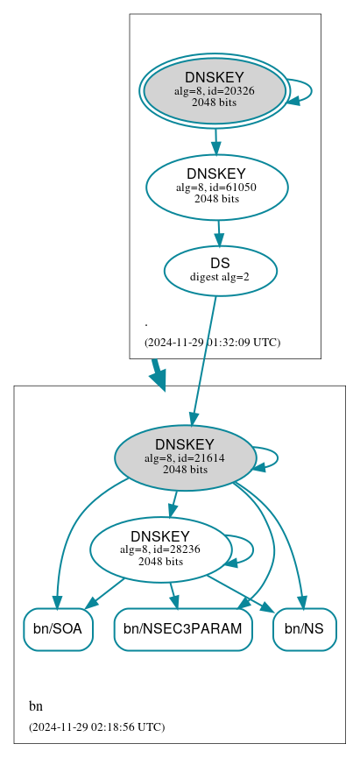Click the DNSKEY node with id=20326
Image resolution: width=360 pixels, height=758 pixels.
[x=215, y=90]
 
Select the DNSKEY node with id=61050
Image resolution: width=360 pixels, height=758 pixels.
[x=216, y=187]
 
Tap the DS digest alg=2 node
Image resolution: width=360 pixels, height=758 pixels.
[x=220, y=270]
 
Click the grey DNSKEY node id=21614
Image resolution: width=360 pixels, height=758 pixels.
[x=185, y=457]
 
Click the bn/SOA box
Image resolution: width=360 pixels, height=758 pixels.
[x=58, y=629]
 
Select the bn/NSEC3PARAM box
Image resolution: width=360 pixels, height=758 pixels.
[x=183, y=629]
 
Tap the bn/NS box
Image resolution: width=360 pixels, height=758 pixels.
[x=305, y=629]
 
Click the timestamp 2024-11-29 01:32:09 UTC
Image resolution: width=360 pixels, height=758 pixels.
[x=212, y=342]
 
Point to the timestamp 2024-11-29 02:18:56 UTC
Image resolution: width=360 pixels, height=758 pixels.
[x=96, y=726]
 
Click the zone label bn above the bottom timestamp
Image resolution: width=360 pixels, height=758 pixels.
[x=36, y=706]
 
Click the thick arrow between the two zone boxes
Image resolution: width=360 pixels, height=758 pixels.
[x=158, y=374]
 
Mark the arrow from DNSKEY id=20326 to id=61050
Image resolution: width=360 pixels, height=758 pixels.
[x=215, y=140]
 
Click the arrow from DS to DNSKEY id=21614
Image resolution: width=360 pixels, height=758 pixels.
[x=203, y=359]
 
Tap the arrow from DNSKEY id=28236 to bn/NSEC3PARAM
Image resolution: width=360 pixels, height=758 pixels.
[x=173, y=594]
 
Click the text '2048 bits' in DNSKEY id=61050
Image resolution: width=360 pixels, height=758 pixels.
[x=216, y=199]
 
